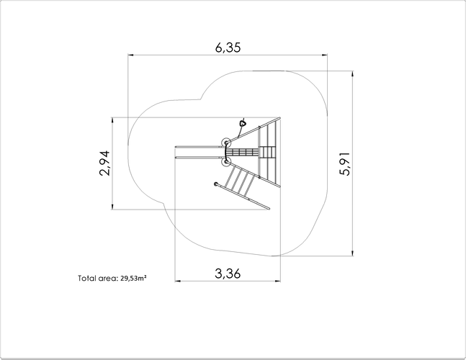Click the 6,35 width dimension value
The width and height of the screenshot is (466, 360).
pos(228,48)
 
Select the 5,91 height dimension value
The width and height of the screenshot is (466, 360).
pos(345,164)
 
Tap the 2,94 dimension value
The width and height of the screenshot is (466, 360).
pos(104,163)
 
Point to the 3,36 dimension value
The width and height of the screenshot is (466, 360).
pos(228,274)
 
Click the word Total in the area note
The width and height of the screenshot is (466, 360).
pos(87,279)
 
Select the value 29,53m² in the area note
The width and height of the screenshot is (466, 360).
pos(133,279)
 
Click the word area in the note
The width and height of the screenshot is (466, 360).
pos(109,279)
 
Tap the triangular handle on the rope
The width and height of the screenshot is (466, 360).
pos(243,122)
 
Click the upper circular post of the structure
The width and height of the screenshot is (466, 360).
pos(226,143)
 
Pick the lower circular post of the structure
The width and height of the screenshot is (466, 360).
pos(226,162)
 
